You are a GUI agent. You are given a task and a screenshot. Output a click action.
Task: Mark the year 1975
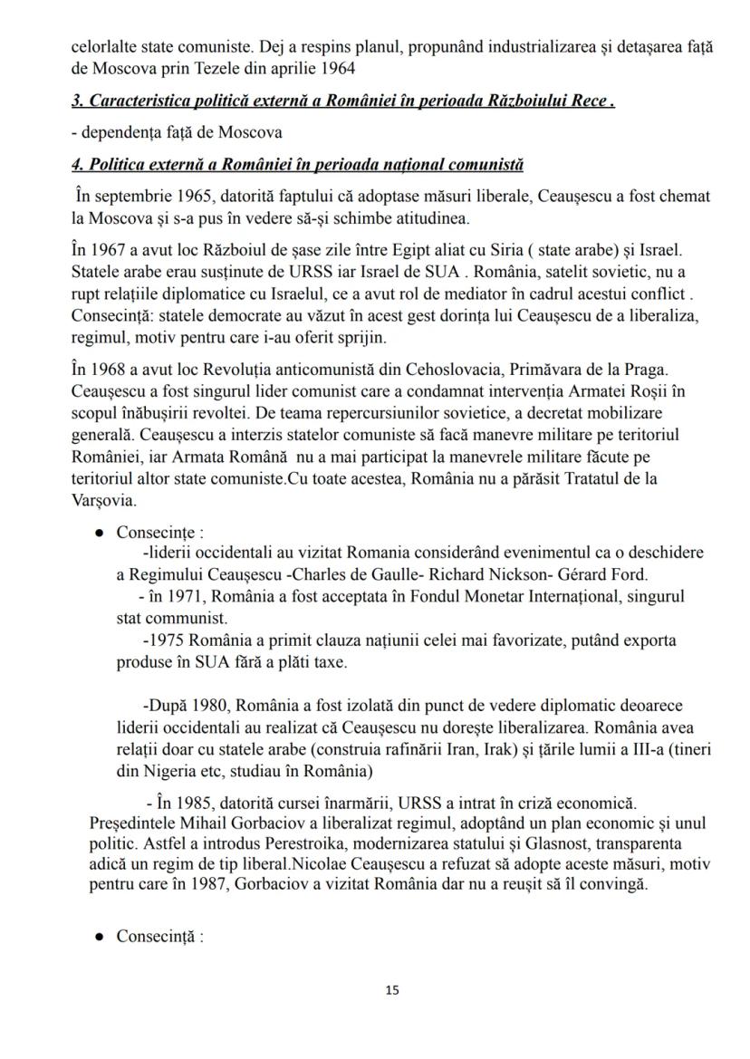(x=168, y=640)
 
